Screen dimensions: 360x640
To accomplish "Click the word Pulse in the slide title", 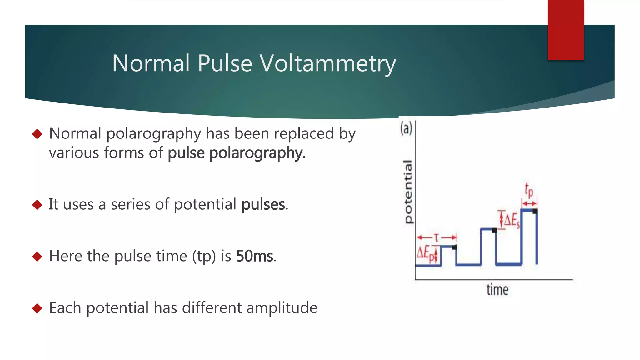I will coord(225,63).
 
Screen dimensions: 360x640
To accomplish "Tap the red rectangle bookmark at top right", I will coord(566,30).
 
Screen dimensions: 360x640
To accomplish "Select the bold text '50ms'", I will coord(255,256).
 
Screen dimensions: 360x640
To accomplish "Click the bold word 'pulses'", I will coord(263,205).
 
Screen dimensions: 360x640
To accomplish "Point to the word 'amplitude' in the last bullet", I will coord(282,308).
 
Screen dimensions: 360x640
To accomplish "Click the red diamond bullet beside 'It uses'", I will coord(37,205).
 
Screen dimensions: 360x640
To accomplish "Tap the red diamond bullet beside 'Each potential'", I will coord(37,308).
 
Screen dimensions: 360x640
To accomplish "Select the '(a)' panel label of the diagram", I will coord(406,128).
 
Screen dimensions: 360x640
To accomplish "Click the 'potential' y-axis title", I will coord(408,192).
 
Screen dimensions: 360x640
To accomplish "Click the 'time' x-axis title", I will coord(497,290).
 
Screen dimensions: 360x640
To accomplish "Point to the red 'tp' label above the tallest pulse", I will coord(529,190).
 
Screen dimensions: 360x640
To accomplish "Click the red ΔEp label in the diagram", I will coord(425,253).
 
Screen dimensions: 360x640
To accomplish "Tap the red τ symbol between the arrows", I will coord(437,238).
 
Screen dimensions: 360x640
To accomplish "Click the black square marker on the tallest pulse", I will coord(535,211).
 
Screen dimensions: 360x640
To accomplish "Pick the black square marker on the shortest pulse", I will coord(454,247).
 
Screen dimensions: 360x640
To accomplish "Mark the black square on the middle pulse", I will coord(494,231).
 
